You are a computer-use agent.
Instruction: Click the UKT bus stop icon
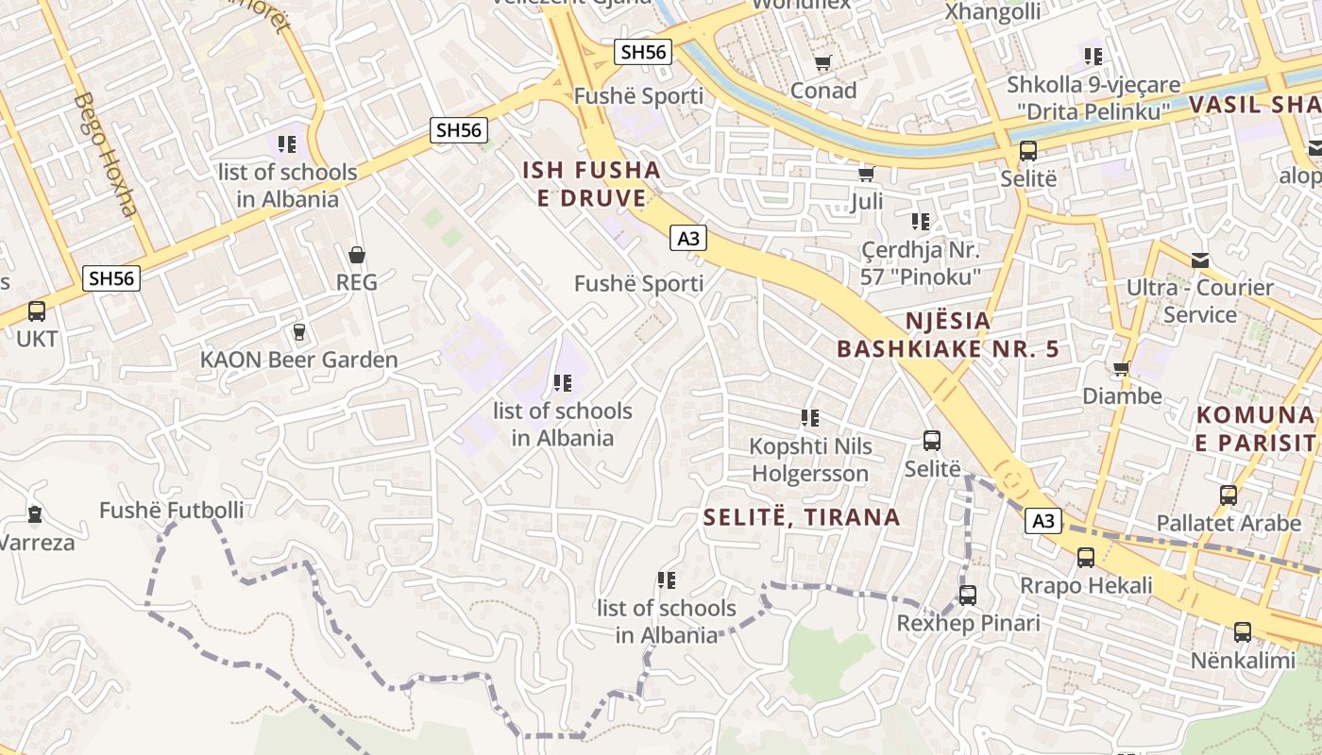coord(36,310)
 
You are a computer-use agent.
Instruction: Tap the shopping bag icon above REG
coord(357,255)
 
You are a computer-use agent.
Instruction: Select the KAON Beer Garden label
coord(298,360)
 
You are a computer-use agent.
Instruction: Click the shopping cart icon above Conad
coord(823,63)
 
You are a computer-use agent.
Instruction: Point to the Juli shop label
coord(866,202)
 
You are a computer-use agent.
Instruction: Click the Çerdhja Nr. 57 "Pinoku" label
coord(921,263)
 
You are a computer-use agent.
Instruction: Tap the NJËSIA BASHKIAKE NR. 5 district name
coord(947,334)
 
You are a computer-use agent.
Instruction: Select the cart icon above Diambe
coord(1121,369)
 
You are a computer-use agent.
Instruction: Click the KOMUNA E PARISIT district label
coord(1255,428)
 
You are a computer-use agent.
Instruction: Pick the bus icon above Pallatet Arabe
coord(1229,495)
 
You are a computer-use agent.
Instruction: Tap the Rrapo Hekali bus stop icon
coord(1086,558)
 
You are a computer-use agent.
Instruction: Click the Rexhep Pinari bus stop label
coord(968,623)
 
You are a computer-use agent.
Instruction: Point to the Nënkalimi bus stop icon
coord(1243,632)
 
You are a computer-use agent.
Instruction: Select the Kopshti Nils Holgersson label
coord(809,459)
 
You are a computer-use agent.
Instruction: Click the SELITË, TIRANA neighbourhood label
coord(802,516)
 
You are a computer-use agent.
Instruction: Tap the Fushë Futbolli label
coord(171,511)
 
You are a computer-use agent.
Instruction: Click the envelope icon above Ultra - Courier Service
coord(1200,260)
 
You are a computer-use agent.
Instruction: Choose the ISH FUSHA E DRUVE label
coord(592,184)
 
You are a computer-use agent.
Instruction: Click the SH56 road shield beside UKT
coord(111,278)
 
